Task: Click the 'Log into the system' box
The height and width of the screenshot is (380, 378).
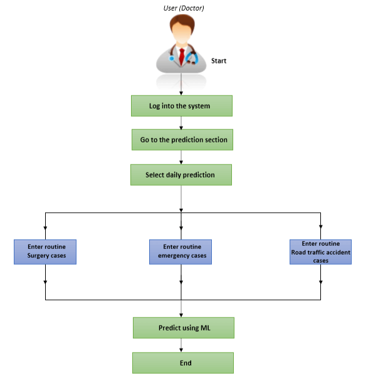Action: coord(181,106)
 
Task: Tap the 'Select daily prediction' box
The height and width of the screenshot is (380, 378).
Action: coord(181,175)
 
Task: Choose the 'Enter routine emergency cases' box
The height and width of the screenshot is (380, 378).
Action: coord(181,251)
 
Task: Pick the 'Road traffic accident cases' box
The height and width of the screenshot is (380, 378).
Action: coord(320,251)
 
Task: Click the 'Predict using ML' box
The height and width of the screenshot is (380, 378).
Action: coord(182,328)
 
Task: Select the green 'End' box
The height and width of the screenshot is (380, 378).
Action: coord(182,363)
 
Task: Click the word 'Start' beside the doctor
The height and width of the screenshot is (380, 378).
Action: coord(218,61)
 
